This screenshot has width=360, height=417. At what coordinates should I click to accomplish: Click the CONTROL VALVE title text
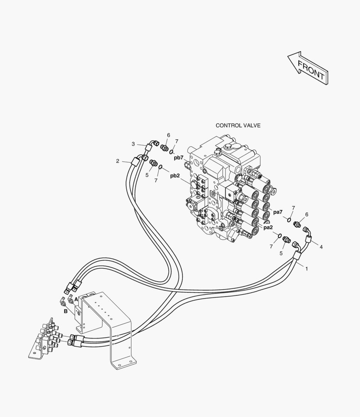[x=238, y=125]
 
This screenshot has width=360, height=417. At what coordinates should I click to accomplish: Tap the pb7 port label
[x=179, y=158]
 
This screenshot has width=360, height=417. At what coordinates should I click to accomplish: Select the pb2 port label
[x=175, y=176]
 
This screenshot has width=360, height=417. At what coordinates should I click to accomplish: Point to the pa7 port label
[x=278, y=212]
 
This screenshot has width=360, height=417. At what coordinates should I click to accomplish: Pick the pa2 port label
[x=268, y=227]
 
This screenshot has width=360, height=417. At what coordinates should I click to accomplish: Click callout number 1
[x=306, y=269]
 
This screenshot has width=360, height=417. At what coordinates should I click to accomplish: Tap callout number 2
[x=117, y=161]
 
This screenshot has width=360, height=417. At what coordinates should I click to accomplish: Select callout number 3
[x=133, y=144]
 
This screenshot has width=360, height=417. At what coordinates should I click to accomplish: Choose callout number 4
[x=321, y=247]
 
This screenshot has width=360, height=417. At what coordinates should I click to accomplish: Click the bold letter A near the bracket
[x=76, y=300]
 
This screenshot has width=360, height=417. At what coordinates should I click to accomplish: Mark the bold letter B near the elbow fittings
[x=65, y=312]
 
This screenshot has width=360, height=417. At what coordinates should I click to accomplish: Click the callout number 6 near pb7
[x=169, y=136]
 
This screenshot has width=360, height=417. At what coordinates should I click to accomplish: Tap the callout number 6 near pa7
[x=307, y=215]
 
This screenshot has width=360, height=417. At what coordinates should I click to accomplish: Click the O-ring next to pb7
[x=172, y=152]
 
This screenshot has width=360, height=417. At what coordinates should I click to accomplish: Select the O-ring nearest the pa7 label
[x=289, y=219]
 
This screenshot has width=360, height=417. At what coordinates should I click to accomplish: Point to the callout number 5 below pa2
[x=281, y=253]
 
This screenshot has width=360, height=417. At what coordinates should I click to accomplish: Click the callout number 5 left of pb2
[x=147, y=175]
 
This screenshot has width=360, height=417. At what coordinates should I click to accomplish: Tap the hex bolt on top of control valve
[x=228, y=147]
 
